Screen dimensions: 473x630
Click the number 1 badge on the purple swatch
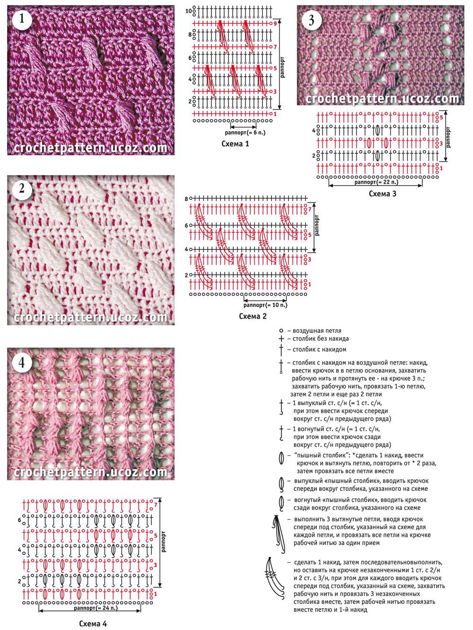(x=22, y=19)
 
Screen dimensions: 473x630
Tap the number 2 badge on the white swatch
(x=22, y=188)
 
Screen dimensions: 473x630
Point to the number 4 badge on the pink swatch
(x=22, y=363)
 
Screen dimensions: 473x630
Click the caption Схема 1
(x=235, y=144)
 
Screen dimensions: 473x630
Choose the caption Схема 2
(x=253, y=316)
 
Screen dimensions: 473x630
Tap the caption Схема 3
(x=382, y=194)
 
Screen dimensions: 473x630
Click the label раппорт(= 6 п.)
(x=245, y=133)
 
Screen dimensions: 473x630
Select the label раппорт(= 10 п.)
(x=265, y=305)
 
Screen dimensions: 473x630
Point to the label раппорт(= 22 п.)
(x=377, y=182)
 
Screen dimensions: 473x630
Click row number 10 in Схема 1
(x=188, y=11)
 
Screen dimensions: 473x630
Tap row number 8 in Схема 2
(x=186, y=199)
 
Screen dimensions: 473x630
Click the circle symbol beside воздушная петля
(x=281, y=331)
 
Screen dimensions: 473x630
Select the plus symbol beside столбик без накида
(x=281, y=339)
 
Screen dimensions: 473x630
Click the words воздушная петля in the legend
(x=317, y=331)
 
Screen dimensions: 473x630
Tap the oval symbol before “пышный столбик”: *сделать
(x=281, y=458)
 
